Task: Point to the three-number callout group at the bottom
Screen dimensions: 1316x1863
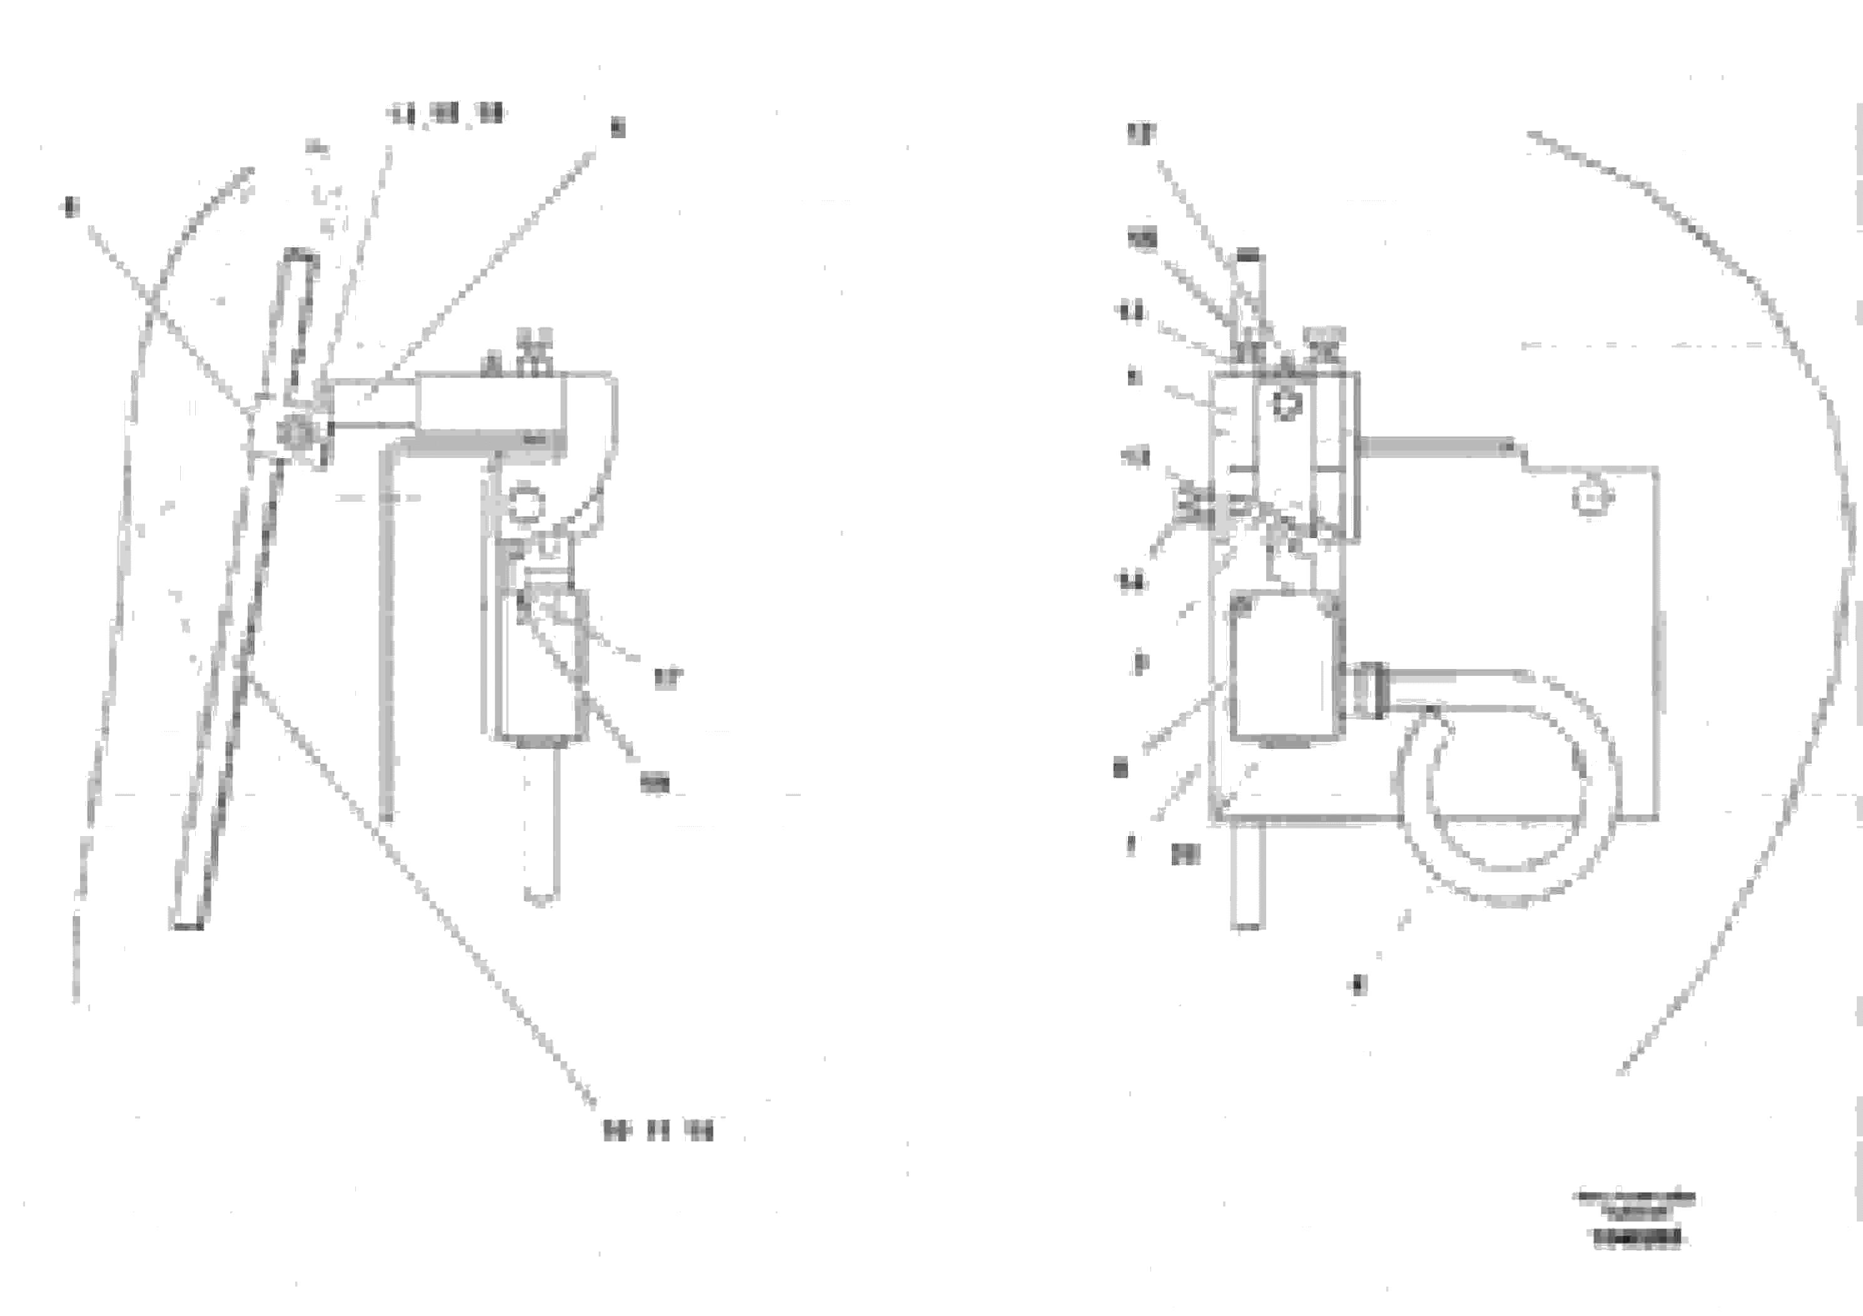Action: point(658,1130)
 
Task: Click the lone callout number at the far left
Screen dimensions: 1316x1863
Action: point(71,207)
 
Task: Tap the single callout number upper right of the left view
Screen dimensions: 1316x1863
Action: point(617,128)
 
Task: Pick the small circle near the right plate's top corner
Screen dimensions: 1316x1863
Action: point(1592,497)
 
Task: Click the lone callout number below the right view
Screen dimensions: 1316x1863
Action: point(1359,985)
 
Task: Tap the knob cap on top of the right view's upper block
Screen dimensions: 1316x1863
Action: point(1323,337)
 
